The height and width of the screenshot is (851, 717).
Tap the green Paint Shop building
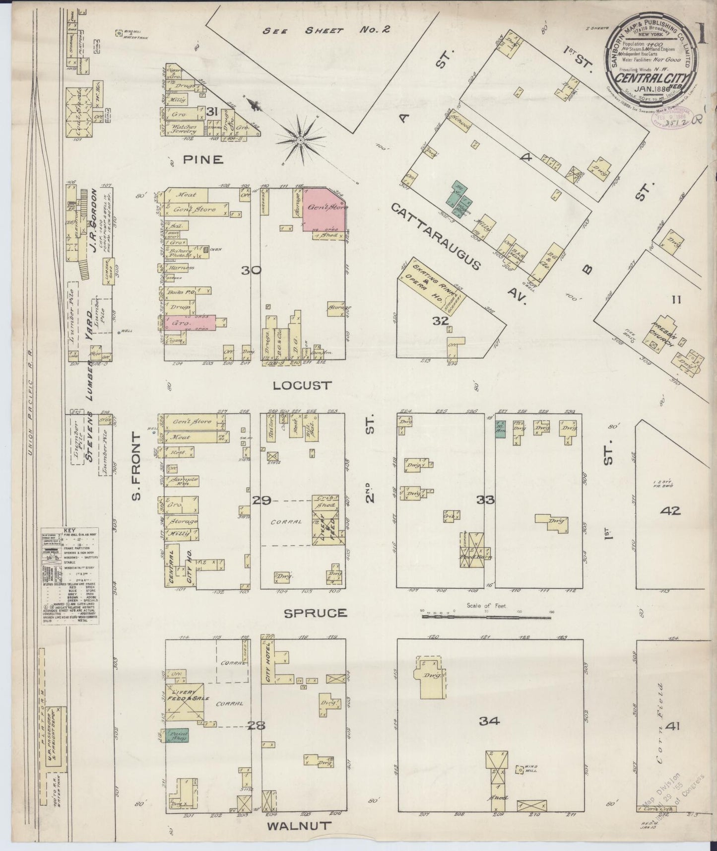(177, 735)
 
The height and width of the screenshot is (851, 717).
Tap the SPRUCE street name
(315, 613)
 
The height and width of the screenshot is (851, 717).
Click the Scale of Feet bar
(486, 616)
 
